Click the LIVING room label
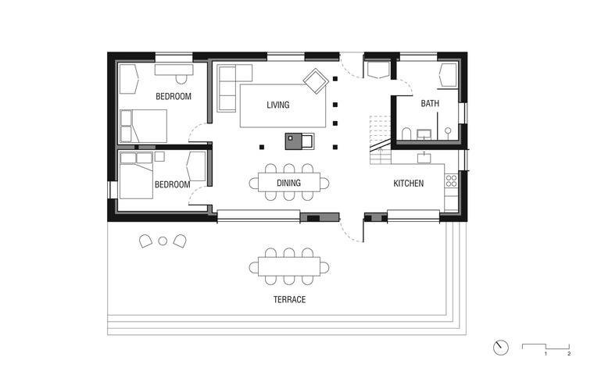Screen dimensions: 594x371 [278, 105]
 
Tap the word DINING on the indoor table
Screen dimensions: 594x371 [288, 183]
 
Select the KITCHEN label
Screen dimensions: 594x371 [408, 184]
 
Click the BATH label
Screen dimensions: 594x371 [430, 103]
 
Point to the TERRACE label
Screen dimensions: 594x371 [289, 299]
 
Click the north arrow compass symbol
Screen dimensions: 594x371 [501, 348]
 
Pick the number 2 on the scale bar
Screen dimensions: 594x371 [569, 354]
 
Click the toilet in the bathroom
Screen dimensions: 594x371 [406, 134]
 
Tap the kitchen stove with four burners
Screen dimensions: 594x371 [451, 180]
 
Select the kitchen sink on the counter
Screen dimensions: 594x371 [424, 157]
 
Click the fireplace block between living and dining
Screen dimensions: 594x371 [299, 141]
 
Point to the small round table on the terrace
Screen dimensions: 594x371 [163, 241]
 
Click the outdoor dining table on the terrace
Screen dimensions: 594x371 [289, 266]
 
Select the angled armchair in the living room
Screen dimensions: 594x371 [316, 80]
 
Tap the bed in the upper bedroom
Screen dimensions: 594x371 [143, 126]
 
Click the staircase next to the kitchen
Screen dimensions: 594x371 [381, 140]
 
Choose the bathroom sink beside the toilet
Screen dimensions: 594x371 [424, 134]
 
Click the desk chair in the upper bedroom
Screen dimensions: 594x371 [181, 79]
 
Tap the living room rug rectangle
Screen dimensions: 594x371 [283, 105]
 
